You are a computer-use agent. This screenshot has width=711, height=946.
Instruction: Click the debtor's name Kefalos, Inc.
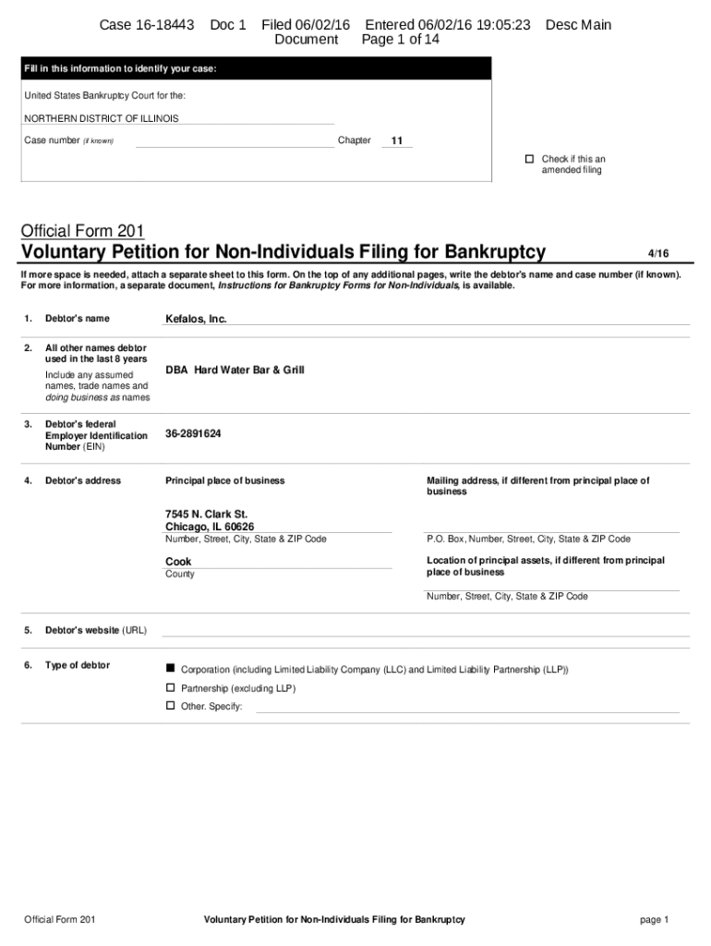[196, 319]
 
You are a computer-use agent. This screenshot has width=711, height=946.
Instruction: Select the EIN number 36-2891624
[193, 433]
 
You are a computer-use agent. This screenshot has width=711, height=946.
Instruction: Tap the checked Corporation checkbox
[170, 668]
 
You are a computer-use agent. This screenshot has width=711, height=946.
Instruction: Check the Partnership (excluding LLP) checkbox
[170, 687]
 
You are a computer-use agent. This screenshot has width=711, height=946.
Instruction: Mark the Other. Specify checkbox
[170, 705]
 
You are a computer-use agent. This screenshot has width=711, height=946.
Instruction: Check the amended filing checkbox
[530, 159]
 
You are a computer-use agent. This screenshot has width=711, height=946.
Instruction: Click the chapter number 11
[397, 141]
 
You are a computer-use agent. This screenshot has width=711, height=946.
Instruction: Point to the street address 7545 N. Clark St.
[206, 514]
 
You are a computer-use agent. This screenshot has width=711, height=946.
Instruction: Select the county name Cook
[178, 562]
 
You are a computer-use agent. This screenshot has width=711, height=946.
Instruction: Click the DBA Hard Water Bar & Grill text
[235, 370]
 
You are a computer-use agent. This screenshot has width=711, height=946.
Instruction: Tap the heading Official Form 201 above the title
[82, 231]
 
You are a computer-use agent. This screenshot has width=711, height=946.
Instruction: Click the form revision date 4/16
[658, 253]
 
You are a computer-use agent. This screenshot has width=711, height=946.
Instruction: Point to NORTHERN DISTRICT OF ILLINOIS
[102, 118]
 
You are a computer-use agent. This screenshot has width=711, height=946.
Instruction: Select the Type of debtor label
[77, 665]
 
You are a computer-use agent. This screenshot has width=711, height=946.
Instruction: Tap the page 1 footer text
[653, 919]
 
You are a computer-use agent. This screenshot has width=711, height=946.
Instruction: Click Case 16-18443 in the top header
[147, 25]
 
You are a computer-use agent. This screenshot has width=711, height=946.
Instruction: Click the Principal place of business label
[224, 480]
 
